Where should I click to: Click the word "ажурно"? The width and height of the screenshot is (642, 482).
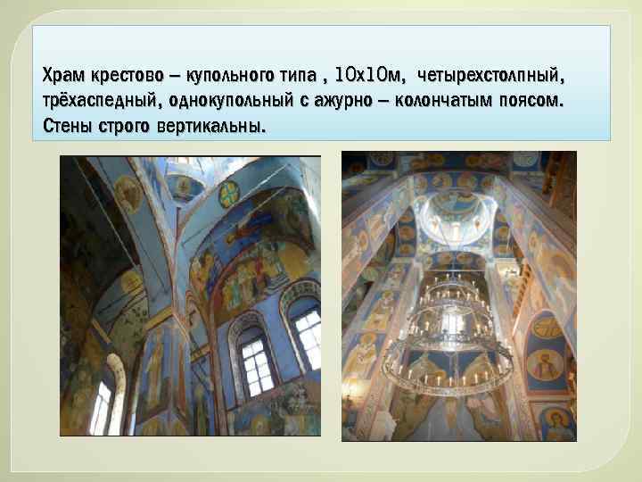pyautogui.click(x=355, y=99)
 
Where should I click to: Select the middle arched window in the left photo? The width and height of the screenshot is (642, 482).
pyautogui.click(x=255, y=361)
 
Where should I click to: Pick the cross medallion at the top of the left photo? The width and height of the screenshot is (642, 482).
pyautogui.click(x=230, y=193)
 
